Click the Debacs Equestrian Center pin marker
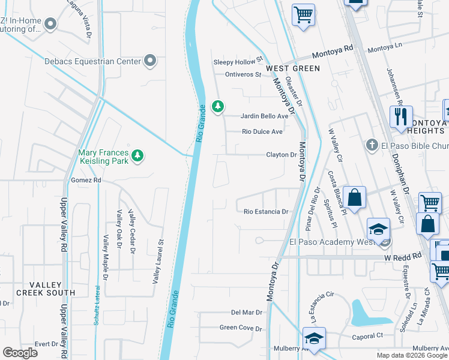tap(150, 61)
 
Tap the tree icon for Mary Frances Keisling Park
tap(138, 156)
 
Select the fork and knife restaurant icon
tap(400, 116)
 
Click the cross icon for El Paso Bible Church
tap(372, 145)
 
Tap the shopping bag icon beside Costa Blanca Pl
tap(354, 198)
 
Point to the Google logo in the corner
tap(20, 353)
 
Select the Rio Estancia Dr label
tap(267, 211)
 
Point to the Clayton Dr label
tap(282, 155)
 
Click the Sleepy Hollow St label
tap(239, 62)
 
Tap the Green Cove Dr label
tap(241, 328)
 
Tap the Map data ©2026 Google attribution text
tap(412, 355)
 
